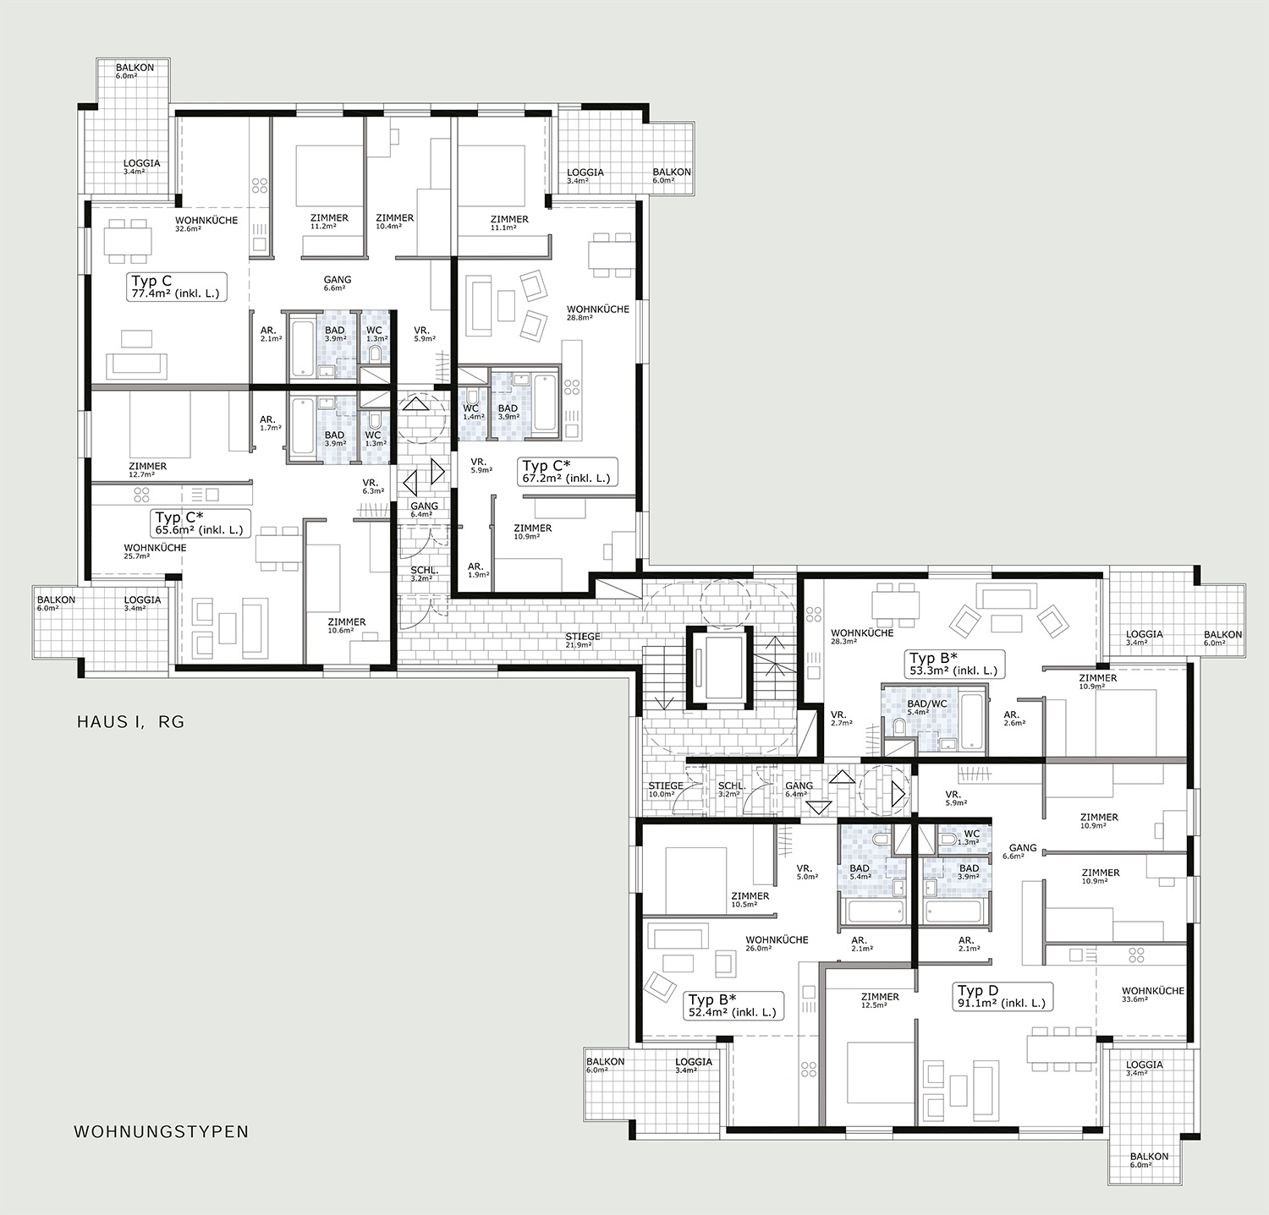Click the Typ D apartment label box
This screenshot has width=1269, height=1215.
1003,997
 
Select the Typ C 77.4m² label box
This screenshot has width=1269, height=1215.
177,287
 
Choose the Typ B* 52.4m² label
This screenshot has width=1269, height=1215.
733,1005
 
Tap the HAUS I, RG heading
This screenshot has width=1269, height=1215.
130,722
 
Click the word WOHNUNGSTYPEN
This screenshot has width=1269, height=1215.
162,1131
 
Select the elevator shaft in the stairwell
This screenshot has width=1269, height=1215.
717,665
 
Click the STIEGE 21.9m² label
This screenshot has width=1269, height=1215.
583,640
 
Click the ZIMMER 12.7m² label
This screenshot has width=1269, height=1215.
148,470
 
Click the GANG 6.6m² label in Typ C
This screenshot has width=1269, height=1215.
338,283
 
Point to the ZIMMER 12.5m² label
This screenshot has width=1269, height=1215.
880,1001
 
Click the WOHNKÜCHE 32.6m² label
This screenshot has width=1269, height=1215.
206,224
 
